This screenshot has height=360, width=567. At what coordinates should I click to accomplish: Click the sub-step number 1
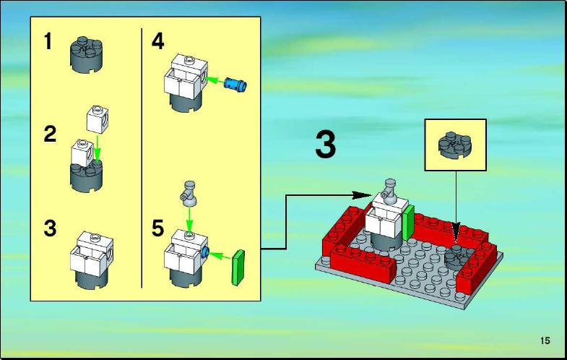[x=48, y=41]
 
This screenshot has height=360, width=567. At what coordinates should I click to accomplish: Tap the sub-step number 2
[x=50, y=134]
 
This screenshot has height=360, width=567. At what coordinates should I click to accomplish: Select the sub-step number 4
[x=158, y=41]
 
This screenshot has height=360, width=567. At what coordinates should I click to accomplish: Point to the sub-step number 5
[x=157, y=228]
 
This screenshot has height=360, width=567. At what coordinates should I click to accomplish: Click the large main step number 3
[x=326, y=145]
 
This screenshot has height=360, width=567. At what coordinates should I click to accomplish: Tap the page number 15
[x=545, y=340]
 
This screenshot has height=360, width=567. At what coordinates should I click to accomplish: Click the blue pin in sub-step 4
[x=235, y=84]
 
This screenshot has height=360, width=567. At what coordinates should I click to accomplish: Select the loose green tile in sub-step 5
[x=238, y=267]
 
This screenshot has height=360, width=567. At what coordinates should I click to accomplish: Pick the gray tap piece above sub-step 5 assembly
[x=189, y=194]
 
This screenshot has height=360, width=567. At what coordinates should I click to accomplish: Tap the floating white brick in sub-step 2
[x=98, y=119]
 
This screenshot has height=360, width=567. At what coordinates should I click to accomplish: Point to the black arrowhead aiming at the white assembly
[x=362, y=195]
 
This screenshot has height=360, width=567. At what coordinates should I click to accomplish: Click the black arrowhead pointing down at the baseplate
[x=456, y=232]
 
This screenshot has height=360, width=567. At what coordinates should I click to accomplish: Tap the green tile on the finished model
[x=409, y=223]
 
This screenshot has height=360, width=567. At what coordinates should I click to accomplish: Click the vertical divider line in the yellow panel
[x=142, y=158]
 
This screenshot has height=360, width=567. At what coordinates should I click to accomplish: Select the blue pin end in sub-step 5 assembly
[x=205, y=252]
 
